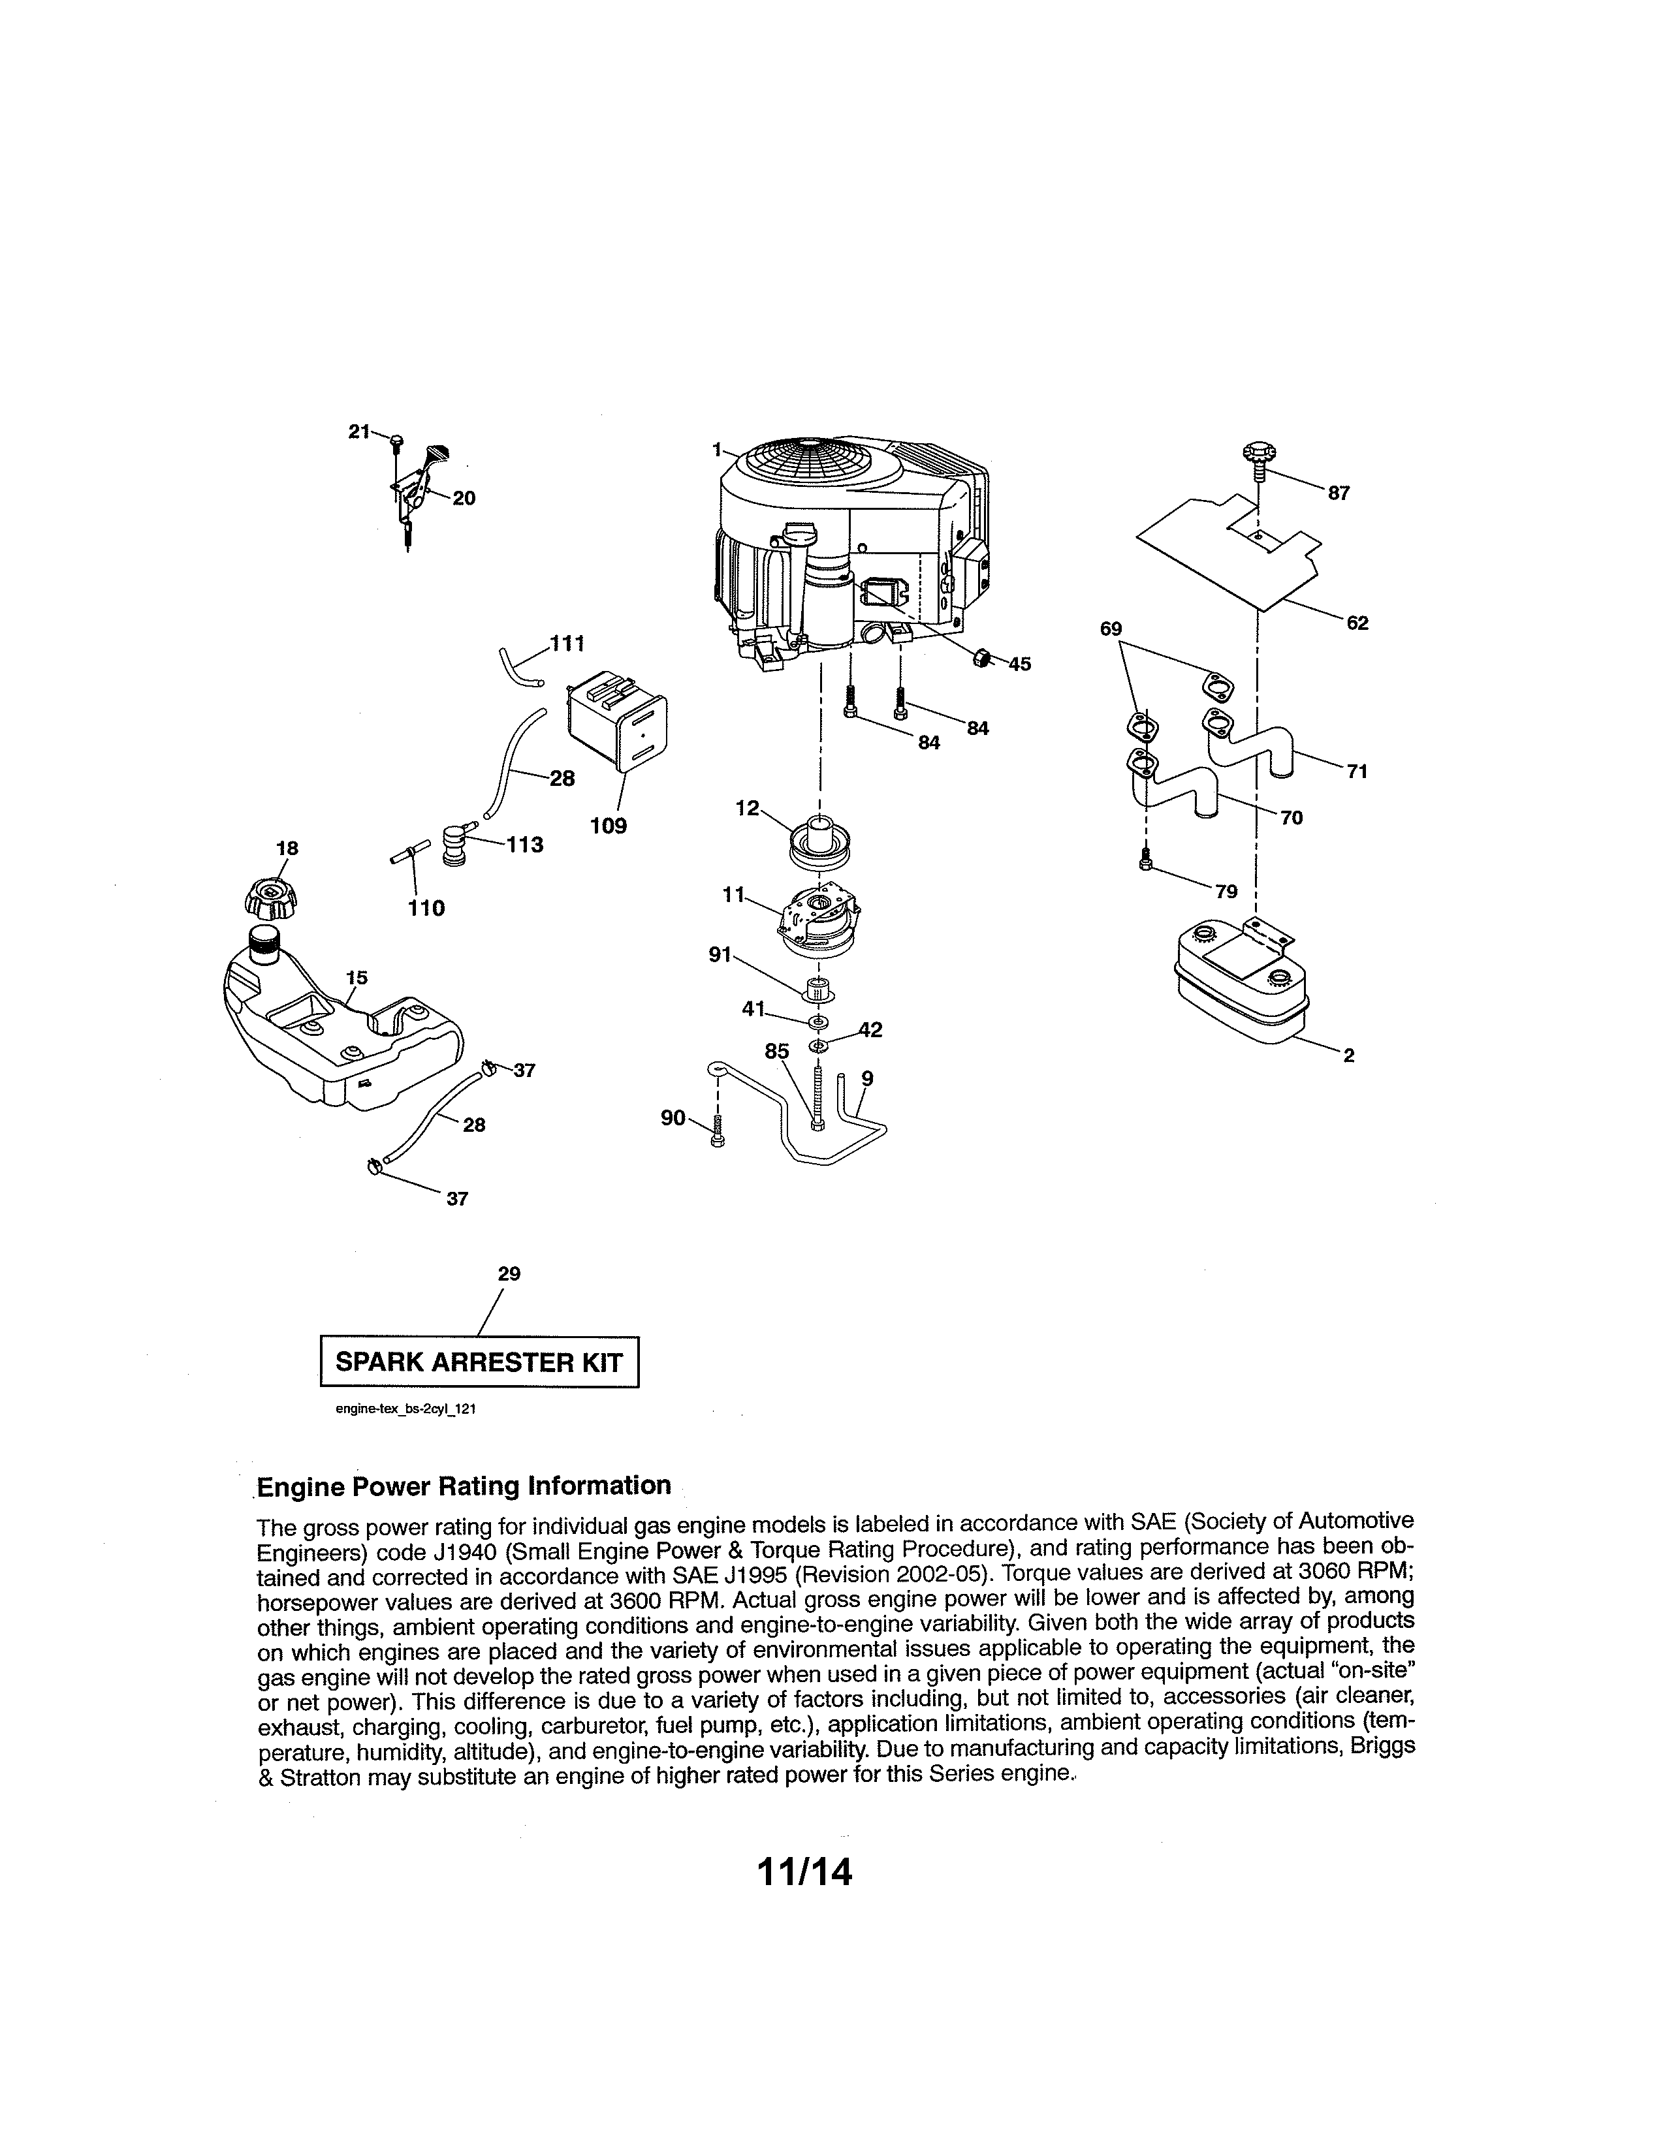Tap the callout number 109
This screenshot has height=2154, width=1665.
click(608, 826)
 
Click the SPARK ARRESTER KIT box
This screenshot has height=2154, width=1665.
click(479, 1362)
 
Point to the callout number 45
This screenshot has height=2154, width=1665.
click(1019, 664)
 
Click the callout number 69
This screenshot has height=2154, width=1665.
click(1111, 628)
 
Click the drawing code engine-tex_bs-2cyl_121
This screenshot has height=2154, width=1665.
click(405, 1409)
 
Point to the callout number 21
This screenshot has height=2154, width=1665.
click(359, 431)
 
